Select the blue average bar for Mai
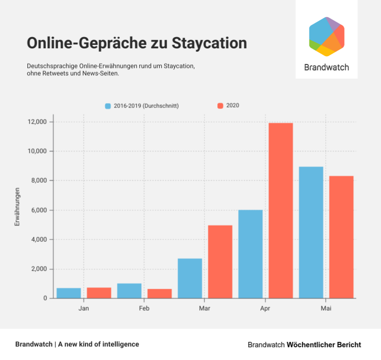311,232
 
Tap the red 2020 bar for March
220,261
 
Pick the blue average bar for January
69,293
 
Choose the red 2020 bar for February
160,294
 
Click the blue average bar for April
251,254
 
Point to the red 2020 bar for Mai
341,237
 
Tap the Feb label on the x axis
144,309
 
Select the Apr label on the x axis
265,309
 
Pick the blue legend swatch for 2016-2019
108,106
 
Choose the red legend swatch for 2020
220,106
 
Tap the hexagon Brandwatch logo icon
327,37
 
